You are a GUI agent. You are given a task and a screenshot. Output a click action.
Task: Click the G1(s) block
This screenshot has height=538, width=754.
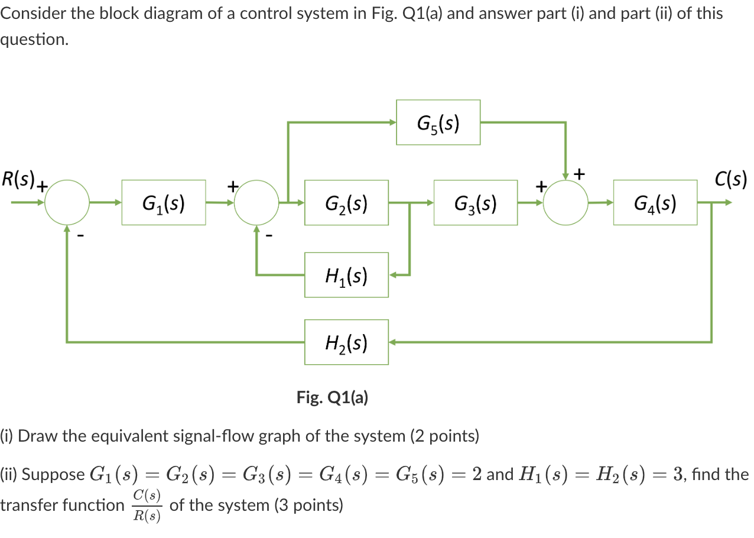click(x=164, y=203)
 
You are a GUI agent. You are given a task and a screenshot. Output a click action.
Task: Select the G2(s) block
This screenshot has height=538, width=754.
click(x=346, y=203)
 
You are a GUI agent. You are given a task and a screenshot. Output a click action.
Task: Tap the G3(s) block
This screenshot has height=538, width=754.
click(x=475, y=203)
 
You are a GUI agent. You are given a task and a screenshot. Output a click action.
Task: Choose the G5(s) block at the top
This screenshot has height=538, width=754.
click(x=438, y=122)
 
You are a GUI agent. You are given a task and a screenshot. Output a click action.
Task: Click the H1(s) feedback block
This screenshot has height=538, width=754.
click(x=346, y=275)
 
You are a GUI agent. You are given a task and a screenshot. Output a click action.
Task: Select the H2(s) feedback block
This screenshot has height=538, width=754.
click(x=346, y=342)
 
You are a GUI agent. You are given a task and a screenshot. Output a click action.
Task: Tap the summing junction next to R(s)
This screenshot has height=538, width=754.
click(x=67, y=203)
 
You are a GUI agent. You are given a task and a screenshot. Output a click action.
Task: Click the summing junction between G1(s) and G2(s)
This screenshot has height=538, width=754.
click(x=256, y=203)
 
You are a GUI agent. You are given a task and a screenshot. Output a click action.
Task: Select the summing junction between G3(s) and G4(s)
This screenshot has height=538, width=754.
click(x=565, y=203)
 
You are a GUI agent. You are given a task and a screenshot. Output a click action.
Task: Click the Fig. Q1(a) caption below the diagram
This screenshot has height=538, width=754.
click(x=332, y=397)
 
